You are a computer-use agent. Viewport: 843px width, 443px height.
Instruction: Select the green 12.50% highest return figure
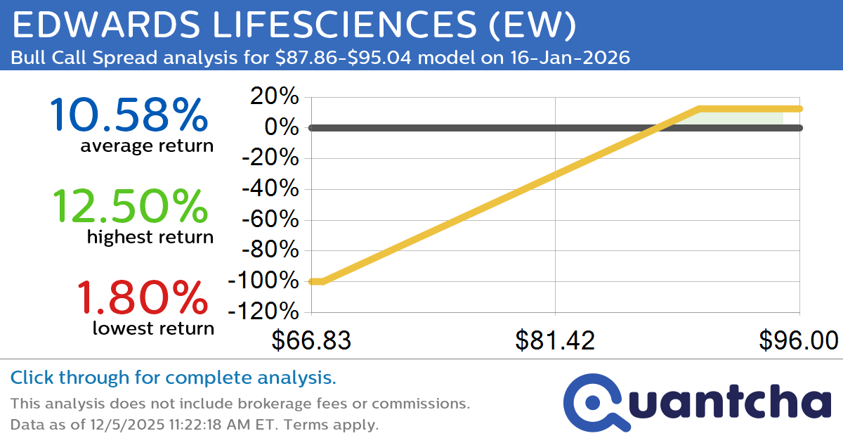pos(130,207)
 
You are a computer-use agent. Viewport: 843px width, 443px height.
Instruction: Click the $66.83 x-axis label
pos(311,340)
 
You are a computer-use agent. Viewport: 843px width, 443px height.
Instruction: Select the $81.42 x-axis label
pos(555,340)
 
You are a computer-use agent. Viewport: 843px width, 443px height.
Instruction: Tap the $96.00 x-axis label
pos(798,340)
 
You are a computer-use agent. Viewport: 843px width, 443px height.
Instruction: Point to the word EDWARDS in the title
pos(100,25)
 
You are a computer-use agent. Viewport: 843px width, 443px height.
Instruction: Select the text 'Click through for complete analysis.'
pos(173,378)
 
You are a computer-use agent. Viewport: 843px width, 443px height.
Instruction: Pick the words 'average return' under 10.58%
pos(146,146)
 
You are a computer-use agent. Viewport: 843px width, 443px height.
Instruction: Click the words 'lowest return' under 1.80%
pos(153,328)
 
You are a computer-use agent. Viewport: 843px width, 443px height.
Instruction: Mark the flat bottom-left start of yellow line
pos(316,281)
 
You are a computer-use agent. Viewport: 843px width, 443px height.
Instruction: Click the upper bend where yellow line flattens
pos(699,109)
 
